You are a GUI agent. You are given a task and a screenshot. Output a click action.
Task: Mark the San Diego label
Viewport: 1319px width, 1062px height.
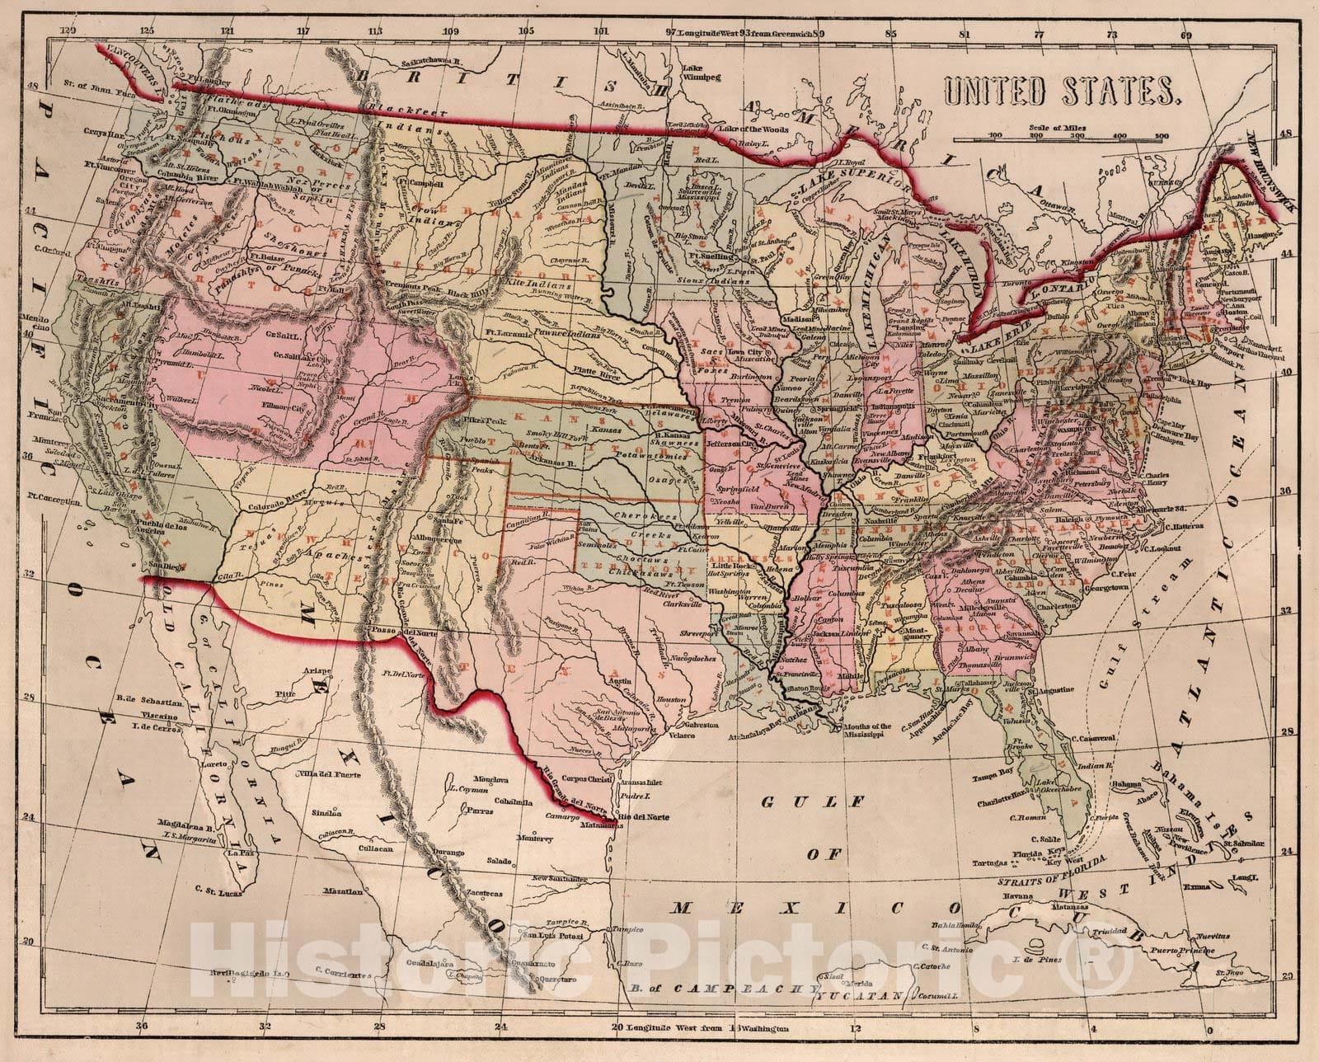[x=161, y=566]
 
